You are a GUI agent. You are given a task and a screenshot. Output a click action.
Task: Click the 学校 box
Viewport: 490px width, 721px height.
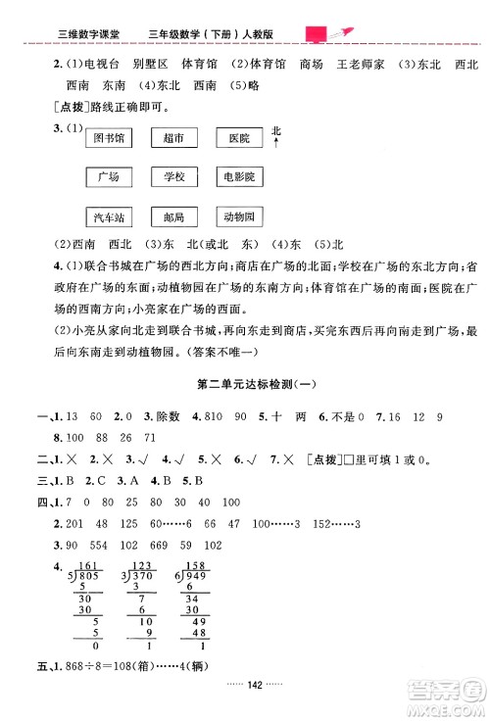[x=173, y=178]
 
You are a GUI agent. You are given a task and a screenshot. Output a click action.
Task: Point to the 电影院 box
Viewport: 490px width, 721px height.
[x=238, y=178]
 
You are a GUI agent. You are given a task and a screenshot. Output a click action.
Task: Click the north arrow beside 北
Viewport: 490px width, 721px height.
[x=276, y=144]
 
